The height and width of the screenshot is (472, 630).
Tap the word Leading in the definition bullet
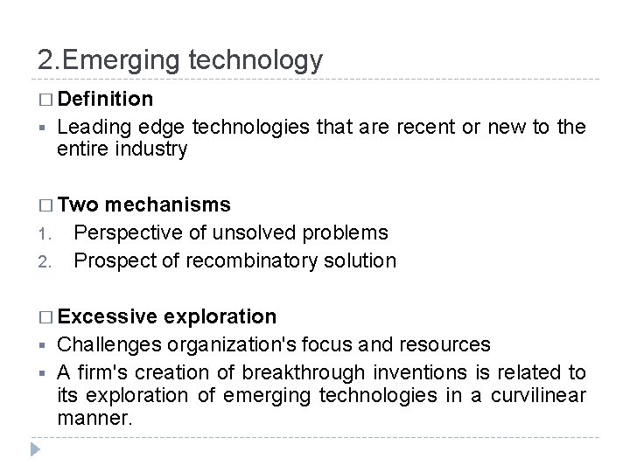coord(91,128)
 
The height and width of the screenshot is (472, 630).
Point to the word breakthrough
coord(297,372)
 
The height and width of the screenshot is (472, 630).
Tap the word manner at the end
coord(94,418)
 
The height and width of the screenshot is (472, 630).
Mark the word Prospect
coord(110,260)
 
